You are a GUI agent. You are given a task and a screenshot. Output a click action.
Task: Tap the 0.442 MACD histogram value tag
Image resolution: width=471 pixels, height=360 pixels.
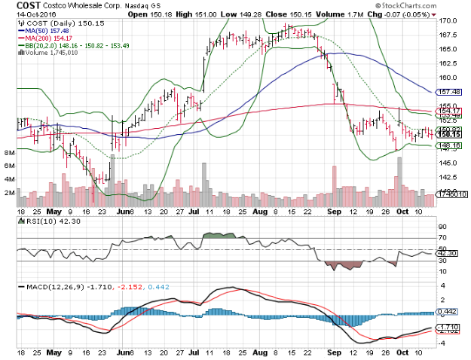(x=451, y=311)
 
